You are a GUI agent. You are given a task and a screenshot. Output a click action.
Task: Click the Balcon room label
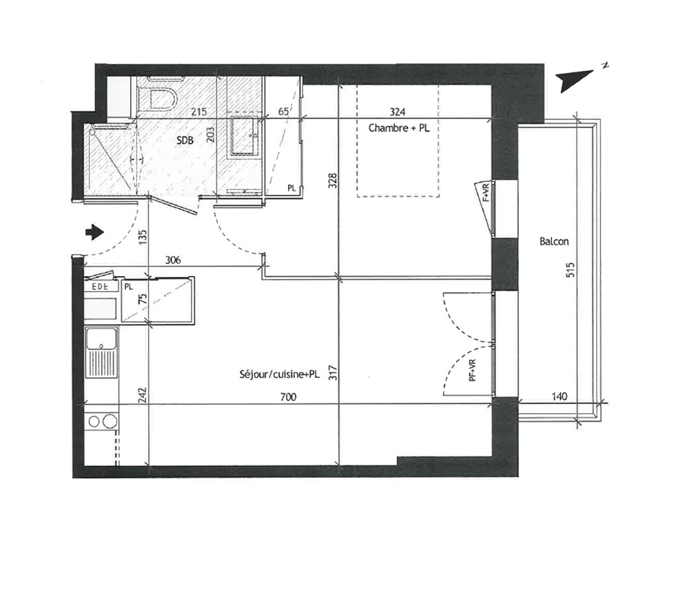(554, 242)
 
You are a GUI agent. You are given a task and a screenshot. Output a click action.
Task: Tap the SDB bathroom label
(185, 140)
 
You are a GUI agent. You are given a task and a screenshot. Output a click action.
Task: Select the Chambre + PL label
(398, 128)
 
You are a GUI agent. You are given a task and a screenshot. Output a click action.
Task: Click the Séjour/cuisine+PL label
(280, 375)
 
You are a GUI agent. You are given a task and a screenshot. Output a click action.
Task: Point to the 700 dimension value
(288, 397)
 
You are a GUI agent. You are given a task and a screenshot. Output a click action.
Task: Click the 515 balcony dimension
(570, 269)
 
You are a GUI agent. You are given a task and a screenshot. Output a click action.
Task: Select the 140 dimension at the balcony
(559, 397)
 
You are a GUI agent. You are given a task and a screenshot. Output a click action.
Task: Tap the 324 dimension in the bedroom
(398, 112)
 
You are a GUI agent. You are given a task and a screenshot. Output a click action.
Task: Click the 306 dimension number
(173, 260)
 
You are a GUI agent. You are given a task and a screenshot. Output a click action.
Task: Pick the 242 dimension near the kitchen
(141, 394)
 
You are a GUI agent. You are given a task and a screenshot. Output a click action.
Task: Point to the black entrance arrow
(94, 232)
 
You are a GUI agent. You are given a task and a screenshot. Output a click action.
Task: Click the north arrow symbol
(575, 80)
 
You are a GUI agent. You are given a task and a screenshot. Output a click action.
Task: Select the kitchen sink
(101, 352)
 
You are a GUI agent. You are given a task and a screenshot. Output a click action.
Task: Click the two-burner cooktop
(101, 422)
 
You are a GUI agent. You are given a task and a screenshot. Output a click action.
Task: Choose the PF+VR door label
(473, 370)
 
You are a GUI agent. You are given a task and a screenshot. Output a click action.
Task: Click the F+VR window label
(486, 192)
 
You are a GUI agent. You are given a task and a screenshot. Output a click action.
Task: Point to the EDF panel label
(99, 287)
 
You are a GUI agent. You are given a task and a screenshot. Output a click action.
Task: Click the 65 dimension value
(283, 112)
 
